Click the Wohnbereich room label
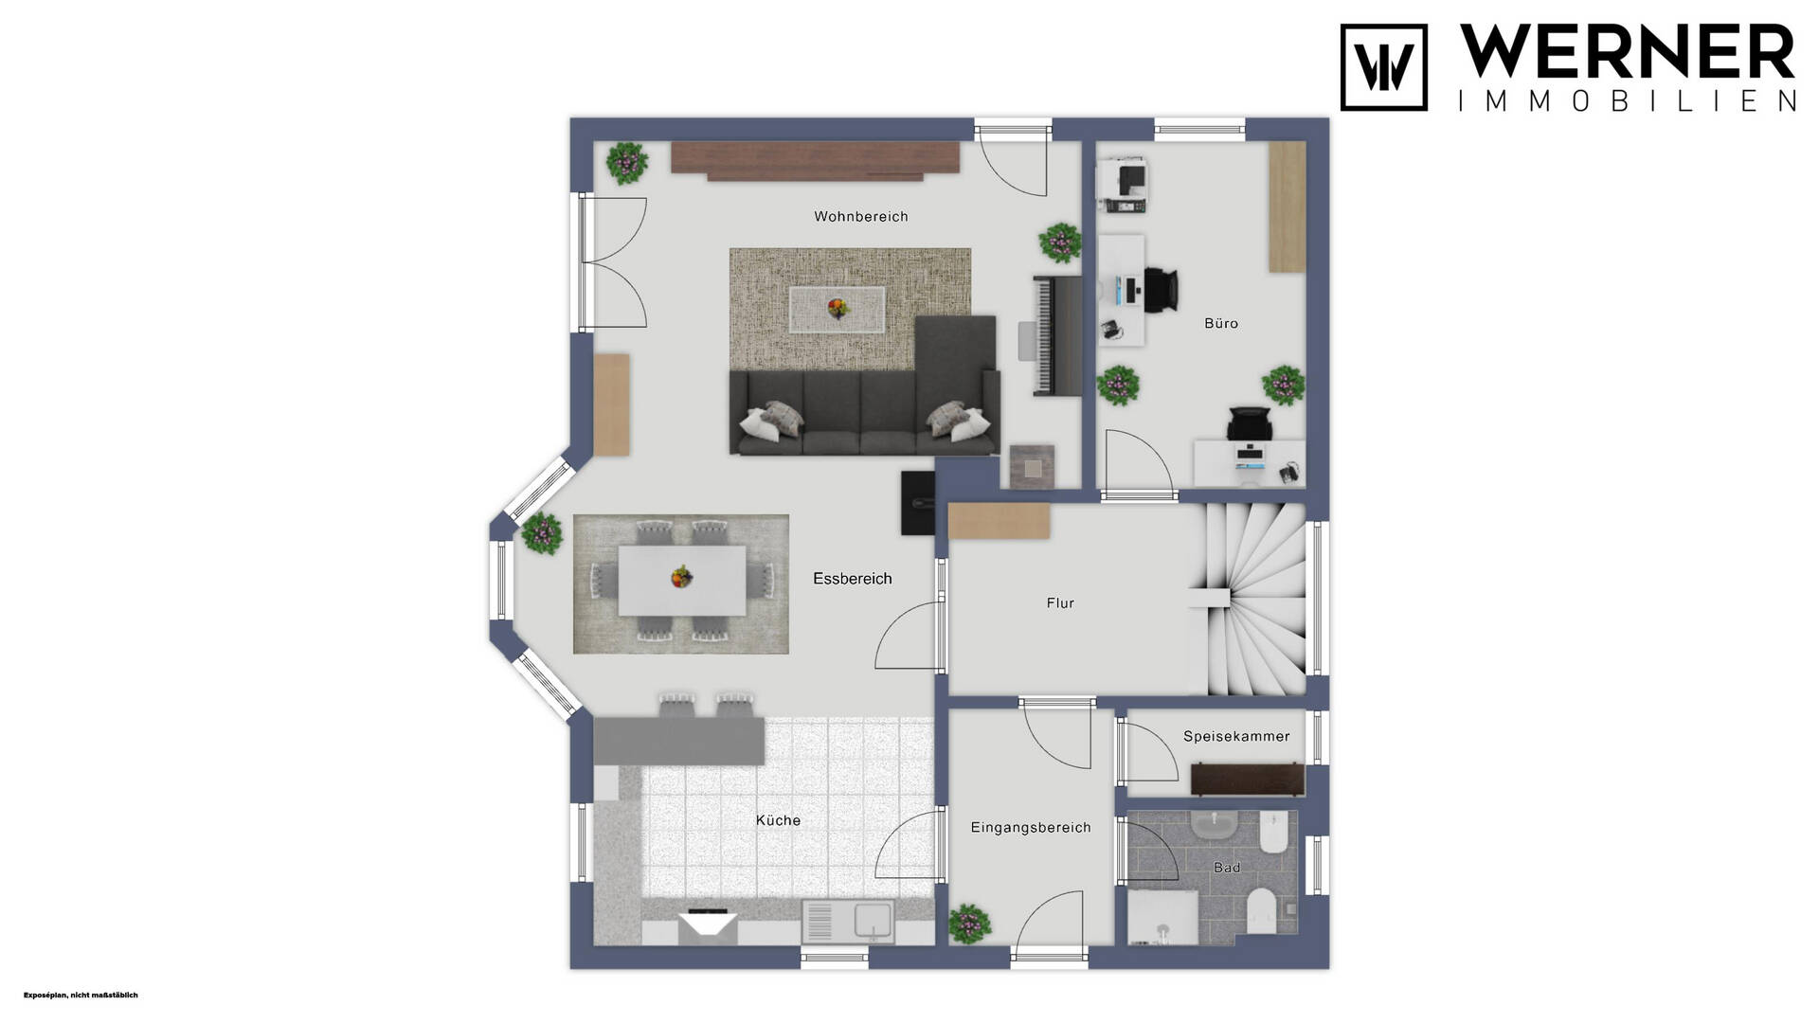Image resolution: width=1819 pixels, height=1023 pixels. (x=860, y=217)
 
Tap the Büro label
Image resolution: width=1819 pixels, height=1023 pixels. (x=1221, y=323)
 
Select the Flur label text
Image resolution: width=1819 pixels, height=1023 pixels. (x=1060, y=602)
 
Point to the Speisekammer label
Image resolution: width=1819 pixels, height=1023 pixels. (x=1236, y=736)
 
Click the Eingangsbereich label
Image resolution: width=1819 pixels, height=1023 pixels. (x=1031, y=828)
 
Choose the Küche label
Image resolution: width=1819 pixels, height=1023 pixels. (x=778, y=820)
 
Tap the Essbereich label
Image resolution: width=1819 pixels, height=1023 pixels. (x=853, y=579)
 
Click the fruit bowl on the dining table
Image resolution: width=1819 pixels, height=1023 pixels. (x=680, y=576)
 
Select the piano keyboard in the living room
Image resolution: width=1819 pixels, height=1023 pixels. (x=1056, y=335)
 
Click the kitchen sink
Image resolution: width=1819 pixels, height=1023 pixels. (x=848, y=921)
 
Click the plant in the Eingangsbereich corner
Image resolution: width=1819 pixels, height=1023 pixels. (x=969, y=923)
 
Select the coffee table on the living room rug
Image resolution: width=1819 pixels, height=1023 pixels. (x=837, y=310)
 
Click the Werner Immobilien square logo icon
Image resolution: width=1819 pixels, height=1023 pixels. (x=1383, y=67)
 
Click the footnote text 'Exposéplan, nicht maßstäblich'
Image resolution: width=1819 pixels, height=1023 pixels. (x=81, y=995)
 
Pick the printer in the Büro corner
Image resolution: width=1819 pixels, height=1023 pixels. (x=1124, y=186)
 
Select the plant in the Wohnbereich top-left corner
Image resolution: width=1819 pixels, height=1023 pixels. (x=626, y=163)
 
